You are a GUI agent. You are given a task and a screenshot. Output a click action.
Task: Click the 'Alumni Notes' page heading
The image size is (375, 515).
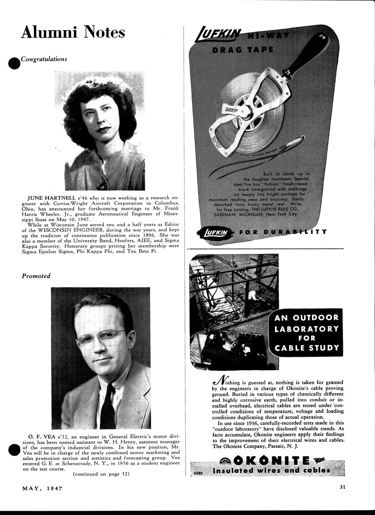click(x=73, y=32)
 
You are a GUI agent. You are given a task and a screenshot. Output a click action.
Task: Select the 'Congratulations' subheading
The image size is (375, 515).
click(x=44, y=59)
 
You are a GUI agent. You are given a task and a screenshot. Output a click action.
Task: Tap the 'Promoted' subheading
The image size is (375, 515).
click(x=36, y=276)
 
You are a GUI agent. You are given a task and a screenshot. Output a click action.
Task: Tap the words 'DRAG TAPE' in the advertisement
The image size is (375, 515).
click(x=243, y=50)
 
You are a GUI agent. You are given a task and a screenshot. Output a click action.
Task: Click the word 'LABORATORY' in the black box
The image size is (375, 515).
click(x=307, y=328)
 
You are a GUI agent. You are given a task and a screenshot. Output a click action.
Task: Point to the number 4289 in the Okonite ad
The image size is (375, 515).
click(x=198, y=472)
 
